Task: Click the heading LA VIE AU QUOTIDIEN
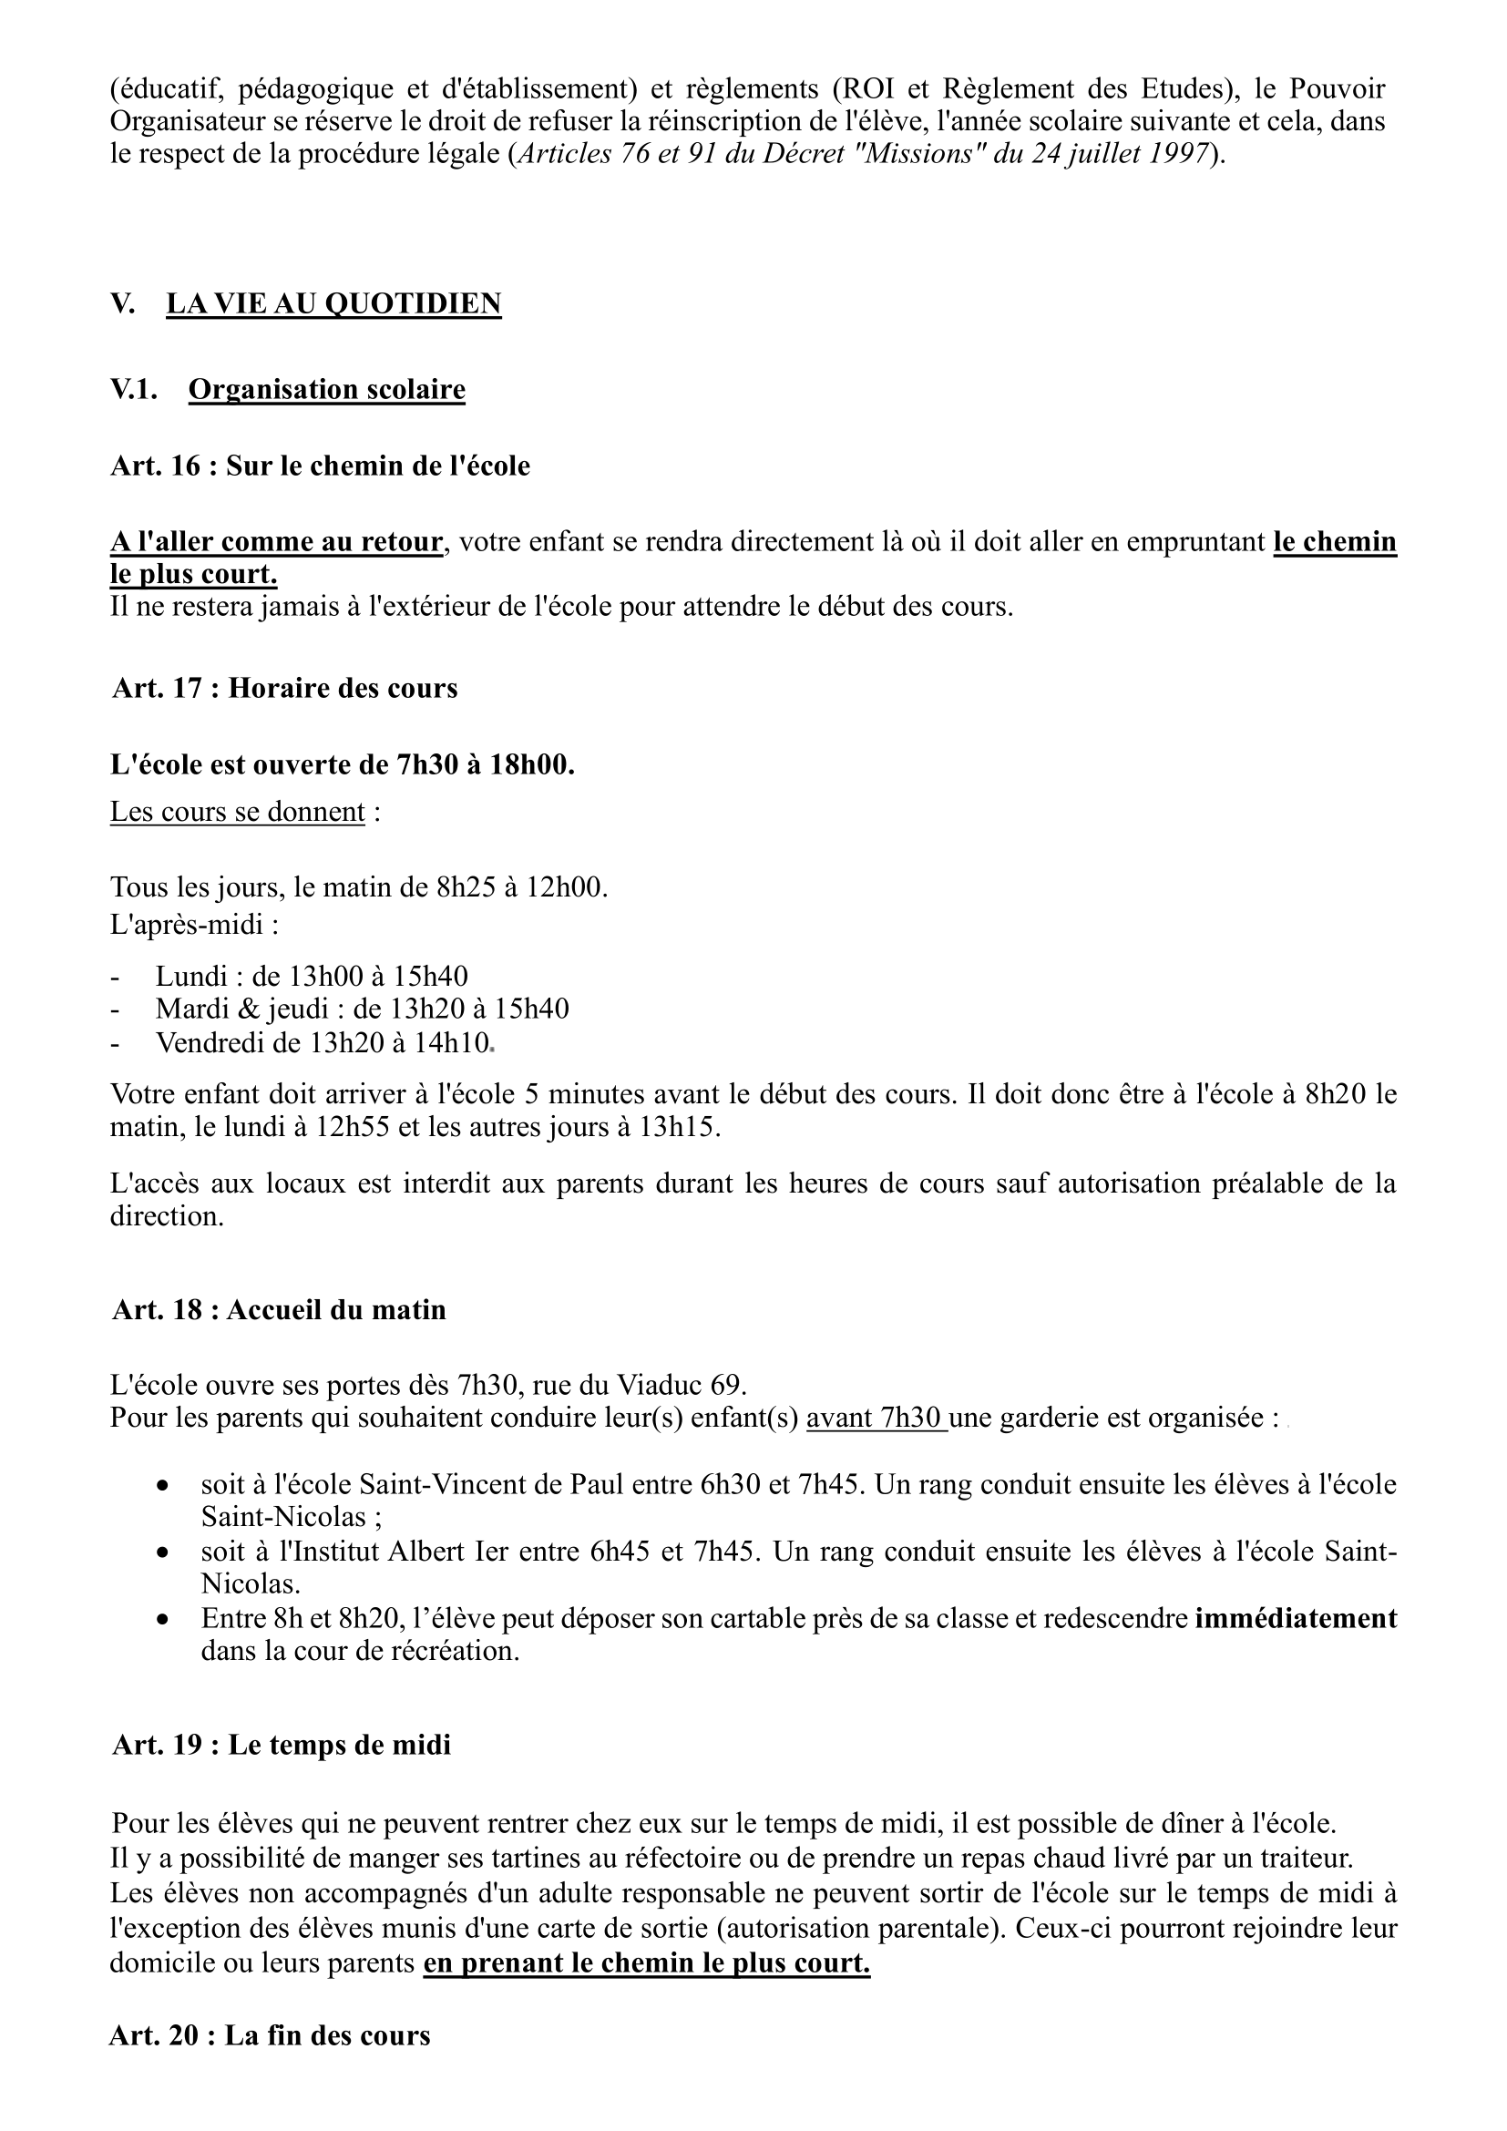click(333, 303)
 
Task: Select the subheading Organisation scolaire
click(327, 389)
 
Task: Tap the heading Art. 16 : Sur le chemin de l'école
click(319, 466)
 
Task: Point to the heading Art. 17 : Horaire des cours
click(285, 689)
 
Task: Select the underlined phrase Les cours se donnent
click(238, 812)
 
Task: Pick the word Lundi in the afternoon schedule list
click(191, 977)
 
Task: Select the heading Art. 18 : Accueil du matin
click(279, 1310)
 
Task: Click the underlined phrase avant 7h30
click(876, 1419)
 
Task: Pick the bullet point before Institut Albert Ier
click(162, 1552)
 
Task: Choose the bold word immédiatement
click(1296, 1619)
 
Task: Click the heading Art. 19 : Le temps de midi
click(282, 1746)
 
